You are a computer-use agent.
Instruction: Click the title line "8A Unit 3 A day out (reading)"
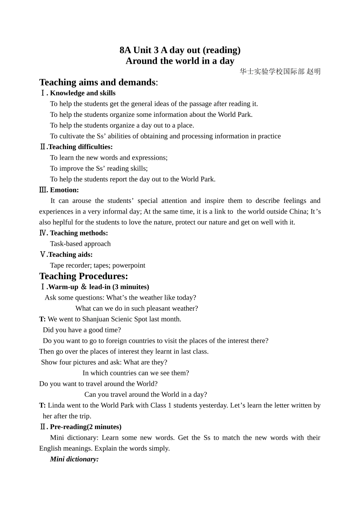tap(180, 50)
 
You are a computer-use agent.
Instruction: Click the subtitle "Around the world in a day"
tap(180, 61)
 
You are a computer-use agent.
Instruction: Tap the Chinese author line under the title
tap(280, 71)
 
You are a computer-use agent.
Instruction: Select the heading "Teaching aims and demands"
tap(97, 82)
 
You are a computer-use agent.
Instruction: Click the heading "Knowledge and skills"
tap(83, 93)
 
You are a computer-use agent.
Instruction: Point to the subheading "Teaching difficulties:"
tap(80, 147)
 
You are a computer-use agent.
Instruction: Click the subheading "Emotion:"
tap(64, 190)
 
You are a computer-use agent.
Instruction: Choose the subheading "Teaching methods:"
tap(79, 233)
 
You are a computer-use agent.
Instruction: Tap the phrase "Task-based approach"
tap(80, 244)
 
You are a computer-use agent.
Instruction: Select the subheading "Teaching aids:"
tap(70, 254)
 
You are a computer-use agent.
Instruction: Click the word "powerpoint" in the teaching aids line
tap(129, 265)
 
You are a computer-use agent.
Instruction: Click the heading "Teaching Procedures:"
tap(84, 276)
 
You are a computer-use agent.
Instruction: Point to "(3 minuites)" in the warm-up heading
tap(131, 287)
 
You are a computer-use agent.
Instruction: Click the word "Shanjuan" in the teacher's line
tap(95, 319)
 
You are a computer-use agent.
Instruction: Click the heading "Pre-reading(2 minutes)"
tap(86, 427)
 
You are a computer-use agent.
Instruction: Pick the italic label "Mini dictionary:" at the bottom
tap(74, 459)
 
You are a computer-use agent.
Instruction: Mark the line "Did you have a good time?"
tap(82, 330)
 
